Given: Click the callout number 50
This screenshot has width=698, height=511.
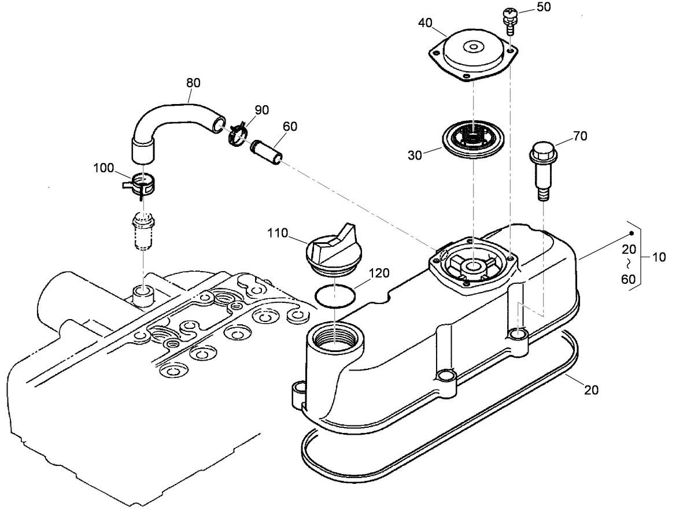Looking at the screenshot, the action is click(544, 7).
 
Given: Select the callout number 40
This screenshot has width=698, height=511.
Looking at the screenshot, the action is click(425, 23).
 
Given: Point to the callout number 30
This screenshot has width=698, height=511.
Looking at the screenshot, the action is click(415, 155).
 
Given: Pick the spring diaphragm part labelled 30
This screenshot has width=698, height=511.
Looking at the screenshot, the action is click(473, 139).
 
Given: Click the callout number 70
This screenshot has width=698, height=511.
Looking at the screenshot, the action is click(580, 136).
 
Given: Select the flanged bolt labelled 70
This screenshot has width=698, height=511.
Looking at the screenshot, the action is click(544, 171).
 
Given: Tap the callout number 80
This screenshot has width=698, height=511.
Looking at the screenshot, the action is click(193, 83).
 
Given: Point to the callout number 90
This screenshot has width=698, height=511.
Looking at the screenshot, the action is click(262, 110).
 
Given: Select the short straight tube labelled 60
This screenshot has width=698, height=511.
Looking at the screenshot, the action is click(267, 152).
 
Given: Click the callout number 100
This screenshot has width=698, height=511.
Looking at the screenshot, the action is click(104, 168).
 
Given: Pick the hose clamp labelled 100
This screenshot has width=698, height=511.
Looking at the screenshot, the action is click(140, 186).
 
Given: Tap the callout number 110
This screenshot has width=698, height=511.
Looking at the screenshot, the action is click(278, 233).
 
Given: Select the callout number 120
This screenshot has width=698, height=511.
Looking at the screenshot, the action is click(379, 273).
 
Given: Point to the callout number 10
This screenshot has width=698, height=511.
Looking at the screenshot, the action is click(659, 257).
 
